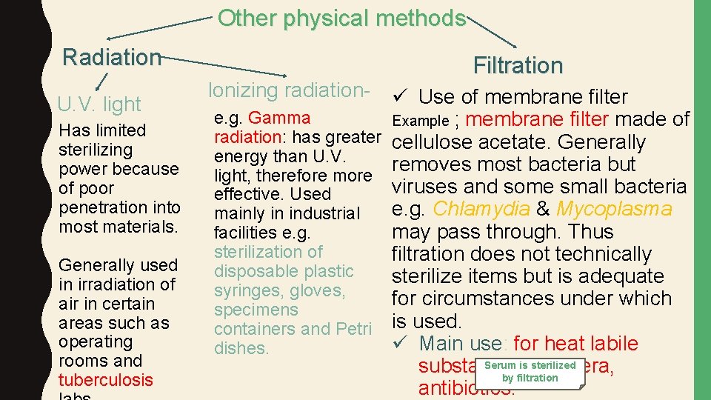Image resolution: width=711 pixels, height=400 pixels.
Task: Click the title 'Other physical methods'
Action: tap(341, 18)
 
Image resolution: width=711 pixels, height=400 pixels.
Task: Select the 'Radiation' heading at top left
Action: tap(112, 57)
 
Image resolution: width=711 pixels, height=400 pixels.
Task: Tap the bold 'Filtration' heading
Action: tap(518, 66)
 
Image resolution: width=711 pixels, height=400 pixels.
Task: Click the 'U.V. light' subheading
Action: tap(99, 104)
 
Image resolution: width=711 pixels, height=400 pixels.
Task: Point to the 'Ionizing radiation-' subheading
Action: tap(289, 90)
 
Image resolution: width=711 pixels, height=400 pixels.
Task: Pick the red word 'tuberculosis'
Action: tap(106, 380)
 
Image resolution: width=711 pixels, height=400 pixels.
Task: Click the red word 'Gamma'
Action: tap(280, 118)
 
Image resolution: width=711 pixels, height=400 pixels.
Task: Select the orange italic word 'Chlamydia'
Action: tap(481, 209)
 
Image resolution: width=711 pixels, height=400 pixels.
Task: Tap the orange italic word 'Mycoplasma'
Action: tap(615, 209)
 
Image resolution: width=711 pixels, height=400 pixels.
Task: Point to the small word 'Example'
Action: tap(420, 121)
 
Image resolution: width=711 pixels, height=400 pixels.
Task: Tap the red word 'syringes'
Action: tap(244, 290)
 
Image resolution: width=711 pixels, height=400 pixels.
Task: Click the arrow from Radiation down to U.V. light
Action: tap(103, 80)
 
